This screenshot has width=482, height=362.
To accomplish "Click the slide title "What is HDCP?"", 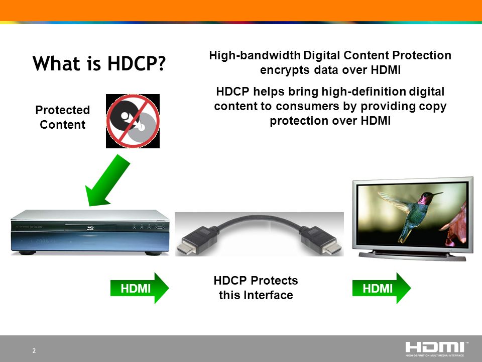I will point(99,64).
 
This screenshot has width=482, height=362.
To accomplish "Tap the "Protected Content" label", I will point(63,117).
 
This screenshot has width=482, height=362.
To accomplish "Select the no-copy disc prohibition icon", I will point(133,121).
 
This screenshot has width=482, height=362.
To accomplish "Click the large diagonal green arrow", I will point(107,181).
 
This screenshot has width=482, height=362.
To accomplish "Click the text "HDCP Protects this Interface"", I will point(256,288).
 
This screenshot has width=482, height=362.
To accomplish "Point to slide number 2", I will point(34,351).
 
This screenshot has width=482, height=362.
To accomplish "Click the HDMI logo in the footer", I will point(436,348).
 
